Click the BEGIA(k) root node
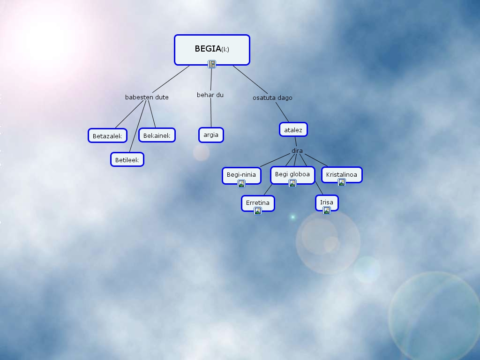point(212,48)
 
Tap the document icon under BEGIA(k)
point(212,64)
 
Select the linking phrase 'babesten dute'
point(147,97)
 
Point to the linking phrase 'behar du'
point(210,95)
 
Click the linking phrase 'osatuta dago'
point(272,98)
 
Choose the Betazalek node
point(107,136)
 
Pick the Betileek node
point(127,160)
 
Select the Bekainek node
point(157,135)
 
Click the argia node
point(211,135)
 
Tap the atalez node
point(293,130)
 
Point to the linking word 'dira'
point(297,151)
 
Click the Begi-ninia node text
point(241,174)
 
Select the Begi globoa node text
point(292,174)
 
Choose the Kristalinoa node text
point(342,174)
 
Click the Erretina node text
point(258,202)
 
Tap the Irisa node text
point(327,202)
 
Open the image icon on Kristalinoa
point(342,182)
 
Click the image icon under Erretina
point(258,211)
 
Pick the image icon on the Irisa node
point(327,210)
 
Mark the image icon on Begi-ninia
point(241,183)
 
